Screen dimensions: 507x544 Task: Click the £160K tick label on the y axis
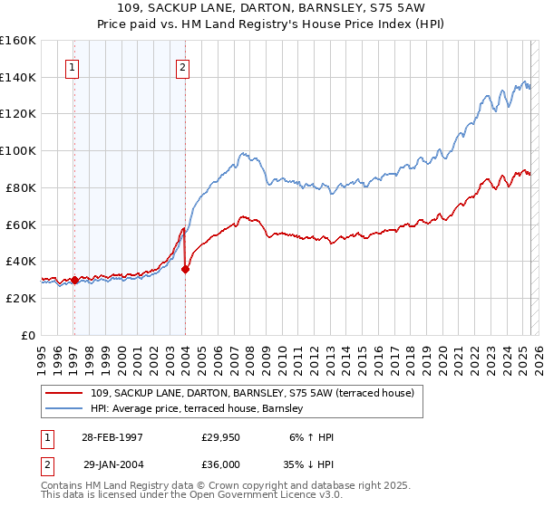coord(18,41)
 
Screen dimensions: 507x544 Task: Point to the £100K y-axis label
coord(18,151)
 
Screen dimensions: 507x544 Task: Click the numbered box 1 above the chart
coord(71,66)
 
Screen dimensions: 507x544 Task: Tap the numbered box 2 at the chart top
coord(182,66)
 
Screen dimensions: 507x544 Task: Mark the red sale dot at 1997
coord(74,280)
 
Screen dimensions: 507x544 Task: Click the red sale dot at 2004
coord(185,269)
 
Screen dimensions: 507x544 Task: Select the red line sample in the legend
coord(64,393)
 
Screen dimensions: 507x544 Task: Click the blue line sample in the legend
coord(64,408)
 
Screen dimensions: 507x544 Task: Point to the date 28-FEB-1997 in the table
coord(112,437)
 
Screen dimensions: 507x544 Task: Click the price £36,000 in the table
coord(220,463)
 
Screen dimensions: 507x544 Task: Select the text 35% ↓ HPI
coord(309,463)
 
